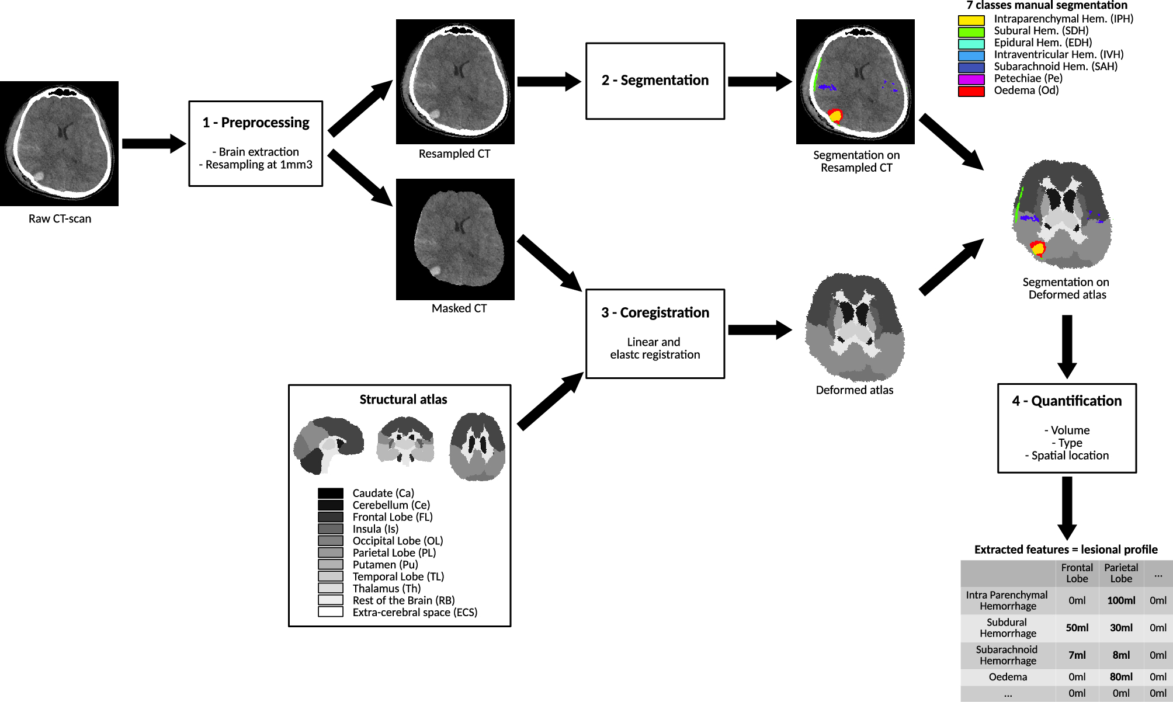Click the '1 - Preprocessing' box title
pos(256,123)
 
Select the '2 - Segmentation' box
pos(655,81)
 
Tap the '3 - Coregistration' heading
pos(655,312)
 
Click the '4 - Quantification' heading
pos(1067,401)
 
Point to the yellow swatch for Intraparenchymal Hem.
pos(971,20)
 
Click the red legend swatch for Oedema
pos(971,91)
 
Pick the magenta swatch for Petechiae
pos(971,79)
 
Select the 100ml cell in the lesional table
pos(1121,600)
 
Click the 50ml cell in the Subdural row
pos(1077,628)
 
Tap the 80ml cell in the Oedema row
pos(1121,677)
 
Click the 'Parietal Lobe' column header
pos(1121,573)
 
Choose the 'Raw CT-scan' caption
pos(60,219)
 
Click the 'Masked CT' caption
pos(459,308)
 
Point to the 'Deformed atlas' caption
pos(854,390)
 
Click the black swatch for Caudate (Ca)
pos(330,494)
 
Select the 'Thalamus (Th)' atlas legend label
pos(386,589)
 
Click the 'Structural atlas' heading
pos(403,399)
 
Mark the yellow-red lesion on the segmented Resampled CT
pos(835,116)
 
